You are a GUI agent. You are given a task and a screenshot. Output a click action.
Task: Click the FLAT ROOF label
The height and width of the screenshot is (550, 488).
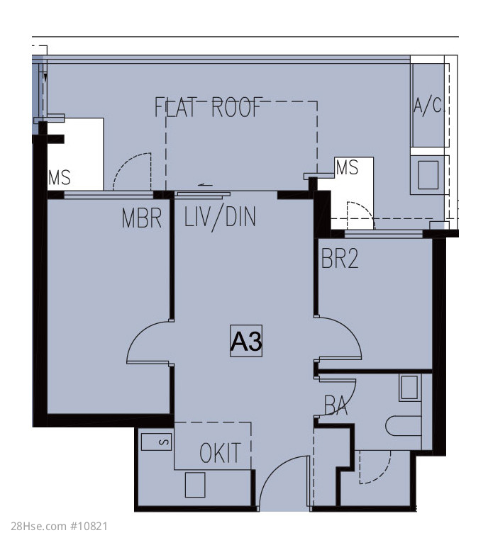pos(209,107)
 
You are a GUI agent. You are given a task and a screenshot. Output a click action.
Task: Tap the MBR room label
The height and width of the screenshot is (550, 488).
pos(142,218)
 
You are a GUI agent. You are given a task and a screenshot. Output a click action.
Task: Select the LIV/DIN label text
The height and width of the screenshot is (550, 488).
pos(220,218)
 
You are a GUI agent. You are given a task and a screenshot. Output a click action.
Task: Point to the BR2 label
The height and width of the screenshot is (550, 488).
pos(340,259)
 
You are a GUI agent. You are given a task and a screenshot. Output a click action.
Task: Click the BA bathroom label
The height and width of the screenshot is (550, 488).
pos(336,405)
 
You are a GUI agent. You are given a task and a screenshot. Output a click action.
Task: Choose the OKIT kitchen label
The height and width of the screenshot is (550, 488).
pos(221,453)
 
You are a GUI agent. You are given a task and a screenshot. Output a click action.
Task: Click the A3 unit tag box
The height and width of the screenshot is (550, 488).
pos(246,341)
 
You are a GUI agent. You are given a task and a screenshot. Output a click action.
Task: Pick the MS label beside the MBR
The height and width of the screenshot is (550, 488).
pos(60,177)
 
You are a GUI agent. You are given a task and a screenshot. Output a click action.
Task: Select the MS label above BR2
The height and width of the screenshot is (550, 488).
pos(347,167)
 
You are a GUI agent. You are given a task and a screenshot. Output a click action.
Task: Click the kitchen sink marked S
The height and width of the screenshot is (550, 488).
pos(156,442)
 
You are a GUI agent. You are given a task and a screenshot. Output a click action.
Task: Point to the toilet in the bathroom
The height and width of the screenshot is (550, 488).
pos(403,426)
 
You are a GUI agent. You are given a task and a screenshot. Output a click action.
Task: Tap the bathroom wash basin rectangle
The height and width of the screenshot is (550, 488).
pos(410,388)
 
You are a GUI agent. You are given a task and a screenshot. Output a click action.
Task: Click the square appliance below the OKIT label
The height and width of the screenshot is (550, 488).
pos(195,485)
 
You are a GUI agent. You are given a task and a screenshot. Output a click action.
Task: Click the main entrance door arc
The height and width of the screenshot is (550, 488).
pos(273,470)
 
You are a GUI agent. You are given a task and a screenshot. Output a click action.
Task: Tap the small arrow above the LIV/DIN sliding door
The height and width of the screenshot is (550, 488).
pos(206,185)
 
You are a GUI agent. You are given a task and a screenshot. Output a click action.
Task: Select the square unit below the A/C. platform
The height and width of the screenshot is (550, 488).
pos(428,175)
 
